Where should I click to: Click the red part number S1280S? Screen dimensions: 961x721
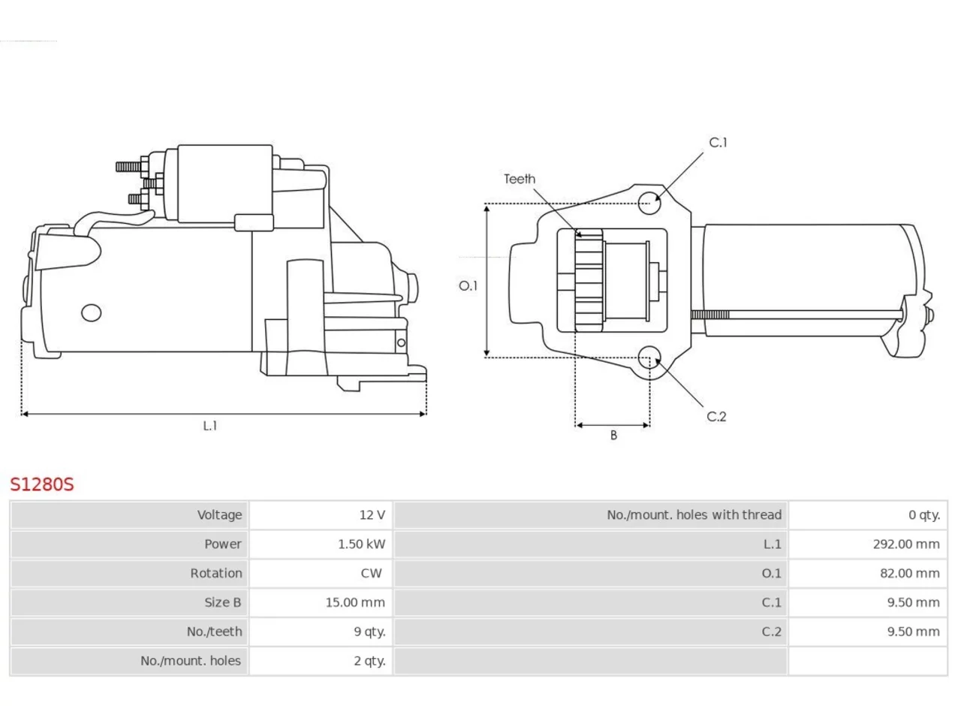point(42,484)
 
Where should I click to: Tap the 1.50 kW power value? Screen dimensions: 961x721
point(361,545)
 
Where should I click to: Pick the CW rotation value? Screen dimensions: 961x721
point(372,573)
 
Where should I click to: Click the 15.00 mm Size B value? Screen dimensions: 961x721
point(355,602)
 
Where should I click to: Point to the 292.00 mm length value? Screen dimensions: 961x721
point(906,545)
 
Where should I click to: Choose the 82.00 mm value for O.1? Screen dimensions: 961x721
point(910,573)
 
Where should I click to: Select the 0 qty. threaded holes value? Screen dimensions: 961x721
point(924,514)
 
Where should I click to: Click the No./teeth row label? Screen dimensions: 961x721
point(214,632)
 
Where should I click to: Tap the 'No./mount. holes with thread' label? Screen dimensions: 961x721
point(694,514)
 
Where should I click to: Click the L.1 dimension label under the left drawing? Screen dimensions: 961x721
point(210,426)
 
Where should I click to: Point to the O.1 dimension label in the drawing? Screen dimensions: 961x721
point(468,286)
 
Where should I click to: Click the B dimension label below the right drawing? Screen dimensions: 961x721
point(613,435)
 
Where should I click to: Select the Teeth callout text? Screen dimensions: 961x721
point(520,179)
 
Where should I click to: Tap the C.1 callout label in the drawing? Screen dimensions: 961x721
point(718,143)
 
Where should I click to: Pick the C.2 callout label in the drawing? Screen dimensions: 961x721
point(716,416)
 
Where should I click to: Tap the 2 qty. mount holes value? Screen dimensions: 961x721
point(369,661)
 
